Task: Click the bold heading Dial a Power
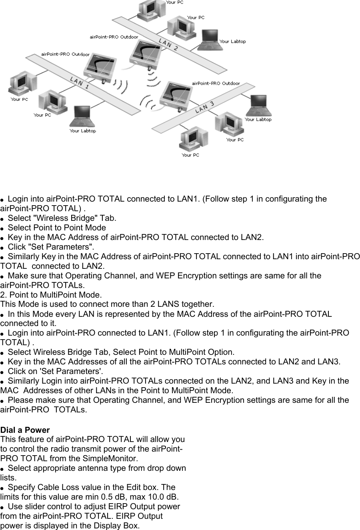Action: [x=25, y=430]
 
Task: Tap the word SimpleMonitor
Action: [x=116, y=458]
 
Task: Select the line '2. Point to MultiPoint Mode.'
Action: [x=51, y=295]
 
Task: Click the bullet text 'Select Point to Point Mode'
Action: [x=57, y=228]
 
